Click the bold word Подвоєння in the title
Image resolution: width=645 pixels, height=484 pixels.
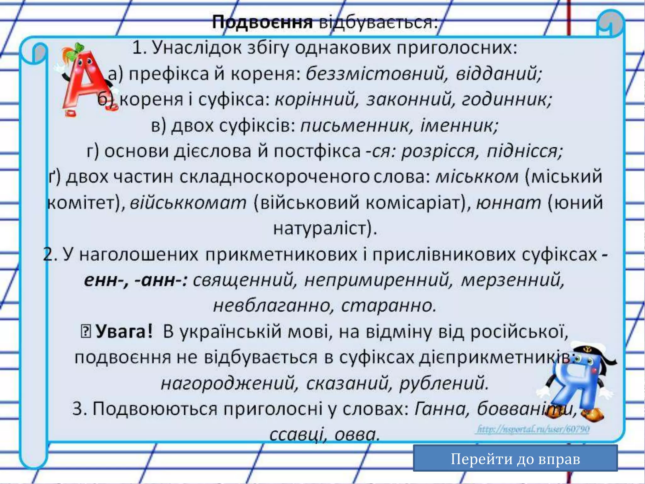click(x=262, y=23)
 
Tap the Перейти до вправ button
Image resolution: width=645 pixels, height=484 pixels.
click(x=515, y=459)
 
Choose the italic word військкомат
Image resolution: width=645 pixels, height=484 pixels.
click(x=188, y=203)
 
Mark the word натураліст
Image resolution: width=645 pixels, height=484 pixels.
click(x=324, y=228)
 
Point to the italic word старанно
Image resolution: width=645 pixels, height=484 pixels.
click(x=389, y=306)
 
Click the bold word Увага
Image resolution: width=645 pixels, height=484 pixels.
click(x=123, y=331)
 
